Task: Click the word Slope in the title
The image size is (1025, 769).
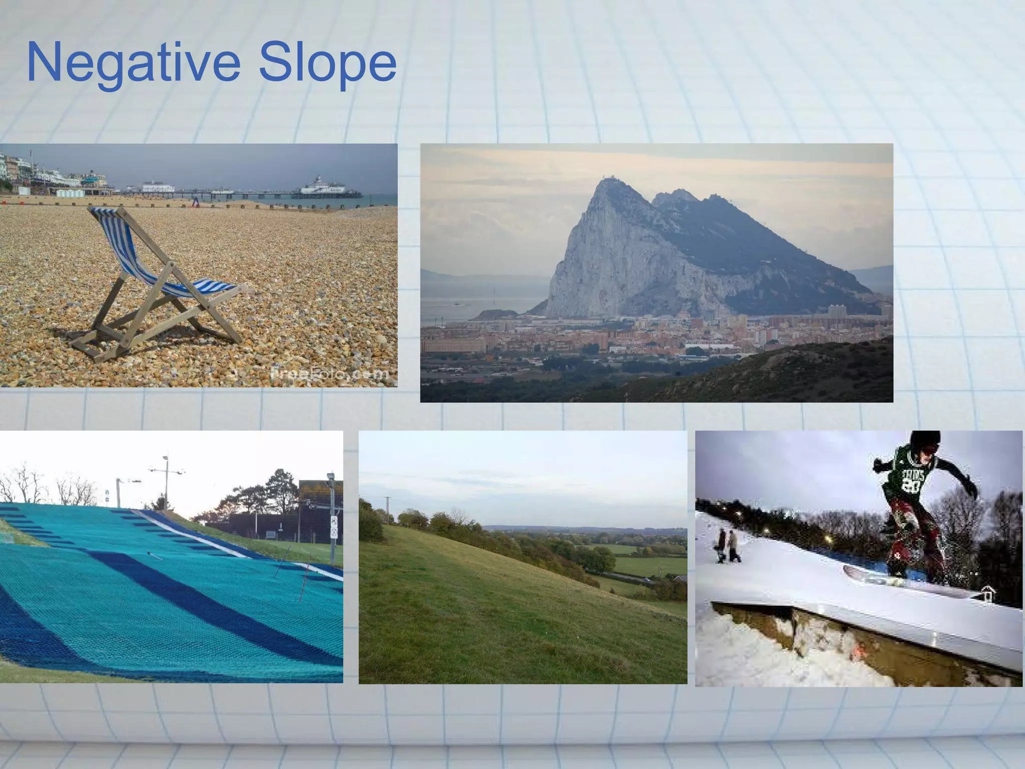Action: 327,63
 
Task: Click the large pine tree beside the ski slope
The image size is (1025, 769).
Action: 280,491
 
